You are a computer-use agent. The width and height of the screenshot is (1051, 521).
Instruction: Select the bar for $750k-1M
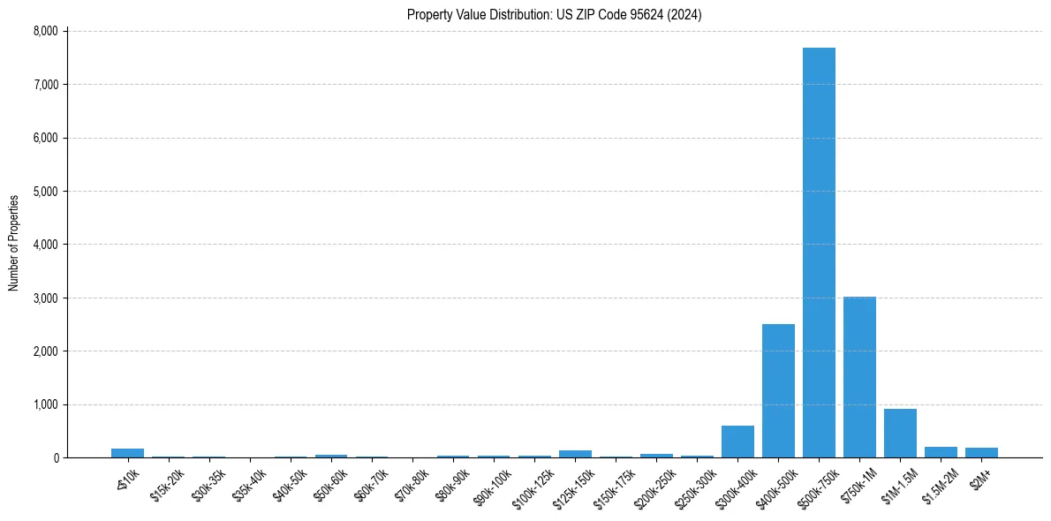(x=859, y=377)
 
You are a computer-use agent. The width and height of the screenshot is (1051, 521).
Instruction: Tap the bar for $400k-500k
(x=778, y=390)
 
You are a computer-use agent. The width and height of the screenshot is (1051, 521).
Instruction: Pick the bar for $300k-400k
(x=737, y=442)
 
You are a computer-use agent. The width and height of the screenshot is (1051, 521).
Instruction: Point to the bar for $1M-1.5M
(x=900, y=433)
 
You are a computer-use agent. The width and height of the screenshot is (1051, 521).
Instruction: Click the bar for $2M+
(x=981, y=452)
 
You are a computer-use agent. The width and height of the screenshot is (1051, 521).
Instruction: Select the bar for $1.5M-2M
(x=941, y=452)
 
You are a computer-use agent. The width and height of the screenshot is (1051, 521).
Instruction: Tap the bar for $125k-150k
(x=575, y=454)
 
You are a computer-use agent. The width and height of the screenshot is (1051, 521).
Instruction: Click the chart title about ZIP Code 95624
(x=554, y=15)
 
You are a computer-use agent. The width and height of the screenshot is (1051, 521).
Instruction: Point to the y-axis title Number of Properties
(x=14, y=243)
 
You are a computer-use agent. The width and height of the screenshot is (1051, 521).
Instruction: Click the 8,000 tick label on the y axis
(x=44, y=31)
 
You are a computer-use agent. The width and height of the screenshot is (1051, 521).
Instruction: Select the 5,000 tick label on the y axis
(x=44, y=191)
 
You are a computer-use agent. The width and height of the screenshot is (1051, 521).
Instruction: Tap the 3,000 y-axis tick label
(x=44, y=298)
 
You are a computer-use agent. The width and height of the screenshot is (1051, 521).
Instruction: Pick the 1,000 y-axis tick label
(x=44, y=404)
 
